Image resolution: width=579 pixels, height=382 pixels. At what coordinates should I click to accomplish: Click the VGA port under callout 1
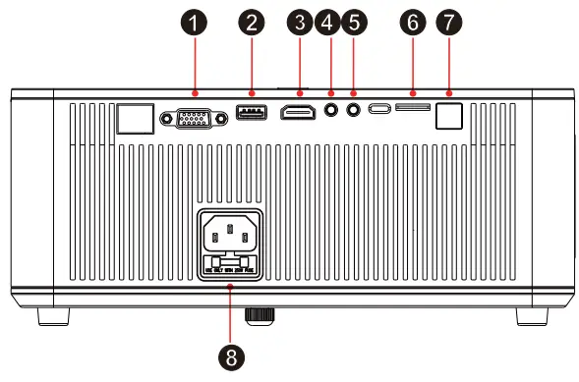[196, 117]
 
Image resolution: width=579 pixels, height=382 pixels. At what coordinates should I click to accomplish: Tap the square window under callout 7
[451, 117]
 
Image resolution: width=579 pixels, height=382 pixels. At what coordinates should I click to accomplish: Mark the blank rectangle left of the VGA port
[135, 118]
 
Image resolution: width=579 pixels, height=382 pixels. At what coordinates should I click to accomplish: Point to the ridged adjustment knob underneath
[259, 314]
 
